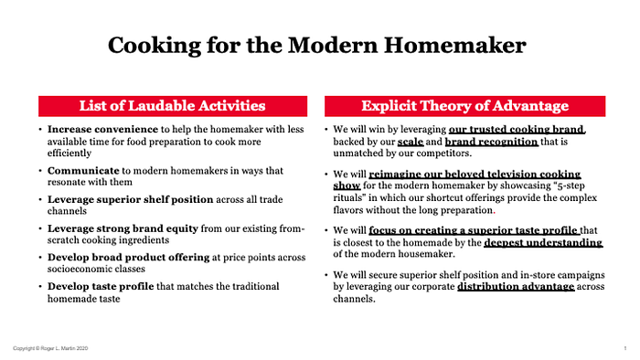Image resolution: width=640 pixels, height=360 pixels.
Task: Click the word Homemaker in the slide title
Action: coord(455,45)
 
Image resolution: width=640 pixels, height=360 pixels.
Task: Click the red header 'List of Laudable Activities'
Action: coord(173,106)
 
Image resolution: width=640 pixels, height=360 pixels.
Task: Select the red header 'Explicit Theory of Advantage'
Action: coord(464,106)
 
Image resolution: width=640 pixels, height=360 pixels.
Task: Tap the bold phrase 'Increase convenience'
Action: coord(102,129)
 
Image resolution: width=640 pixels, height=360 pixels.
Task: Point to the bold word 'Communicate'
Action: coord(83,171)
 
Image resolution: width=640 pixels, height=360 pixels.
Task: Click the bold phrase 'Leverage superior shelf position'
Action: coord(130,200)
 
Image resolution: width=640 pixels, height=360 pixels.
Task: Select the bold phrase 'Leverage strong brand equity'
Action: coord(123,228)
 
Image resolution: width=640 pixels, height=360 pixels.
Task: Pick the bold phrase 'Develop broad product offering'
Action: coord(128,258)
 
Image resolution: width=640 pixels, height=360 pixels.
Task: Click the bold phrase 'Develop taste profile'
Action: coord(101,286)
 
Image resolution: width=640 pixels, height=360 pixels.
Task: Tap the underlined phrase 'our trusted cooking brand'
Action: coord(517,130)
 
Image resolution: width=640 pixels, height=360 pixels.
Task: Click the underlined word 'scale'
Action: coord(411,142)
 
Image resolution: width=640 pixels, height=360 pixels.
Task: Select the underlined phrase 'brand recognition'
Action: coord(492,142)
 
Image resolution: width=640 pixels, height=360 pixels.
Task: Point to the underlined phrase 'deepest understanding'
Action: coord(543,242)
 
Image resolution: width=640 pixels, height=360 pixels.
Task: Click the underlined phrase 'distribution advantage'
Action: coord(516,287)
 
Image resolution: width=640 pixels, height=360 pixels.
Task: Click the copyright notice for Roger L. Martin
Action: coord(50,348)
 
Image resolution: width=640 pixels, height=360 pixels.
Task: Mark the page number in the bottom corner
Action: coord(624,348)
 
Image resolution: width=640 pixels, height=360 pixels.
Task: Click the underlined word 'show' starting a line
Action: coord(347,185)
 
